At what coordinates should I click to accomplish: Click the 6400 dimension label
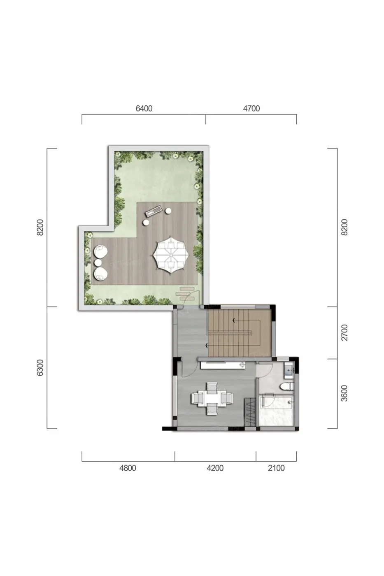144,109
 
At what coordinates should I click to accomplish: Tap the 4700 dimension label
251,109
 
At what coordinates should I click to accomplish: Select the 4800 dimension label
128,468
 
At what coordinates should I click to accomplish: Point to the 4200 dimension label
215,468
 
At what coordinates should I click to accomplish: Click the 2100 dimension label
276,468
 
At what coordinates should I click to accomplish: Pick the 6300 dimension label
40,368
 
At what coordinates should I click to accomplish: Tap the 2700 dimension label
344,333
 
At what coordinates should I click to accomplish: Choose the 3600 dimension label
344,393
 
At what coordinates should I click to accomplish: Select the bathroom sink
289,370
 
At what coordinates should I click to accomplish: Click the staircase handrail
229,332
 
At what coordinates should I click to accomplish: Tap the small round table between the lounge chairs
98,262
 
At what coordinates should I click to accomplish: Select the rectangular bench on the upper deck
154,210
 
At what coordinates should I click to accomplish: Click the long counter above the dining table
223,365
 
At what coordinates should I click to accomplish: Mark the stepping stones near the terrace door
185,293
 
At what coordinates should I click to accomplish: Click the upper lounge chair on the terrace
100,252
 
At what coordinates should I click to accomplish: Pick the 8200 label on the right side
344,227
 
